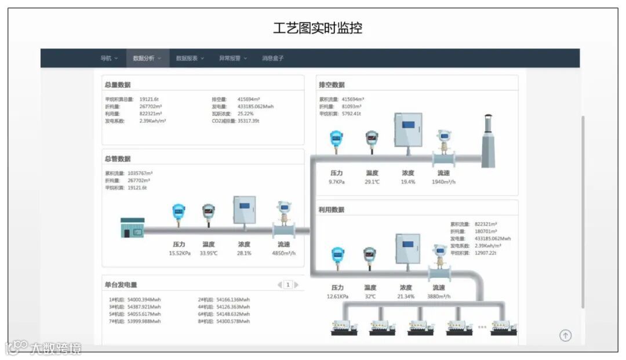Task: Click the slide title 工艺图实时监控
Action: [x=317, y=28]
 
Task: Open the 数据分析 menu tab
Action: [x=147, y=58]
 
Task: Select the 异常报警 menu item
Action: [x=232, y=58]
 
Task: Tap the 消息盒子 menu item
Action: [x=272, y=58]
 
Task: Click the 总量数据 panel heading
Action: [x=118, y=85]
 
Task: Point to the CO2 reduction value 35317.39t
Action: [x=249, y=121]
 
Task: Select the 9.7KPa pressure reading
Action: [x=337, y=182]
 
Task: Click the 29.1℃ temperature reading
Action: [x=372, y=182]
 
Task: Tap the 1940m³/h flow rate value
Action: [x=443, y=182]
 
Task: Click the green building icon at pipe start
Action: [x=132, y=228]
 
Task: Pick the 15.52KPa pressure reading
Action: [x=179, y=253]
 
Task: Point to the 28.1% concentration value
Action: [x=244, y=253]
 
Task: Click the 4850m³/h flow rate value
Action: [x=284, y=253]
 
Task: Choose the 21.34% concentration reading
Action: [x=406, y=296]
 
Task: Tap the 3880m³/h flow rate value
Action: [x=438, y=296]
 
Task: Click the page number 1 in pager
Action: [x=287, y=285]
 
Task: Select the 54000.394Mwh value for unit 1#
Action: [x=144, y=300]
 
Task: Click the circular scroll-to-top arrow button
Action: [x=565, y=335]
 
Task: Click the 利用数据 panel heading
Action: [x=331, y=209]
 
